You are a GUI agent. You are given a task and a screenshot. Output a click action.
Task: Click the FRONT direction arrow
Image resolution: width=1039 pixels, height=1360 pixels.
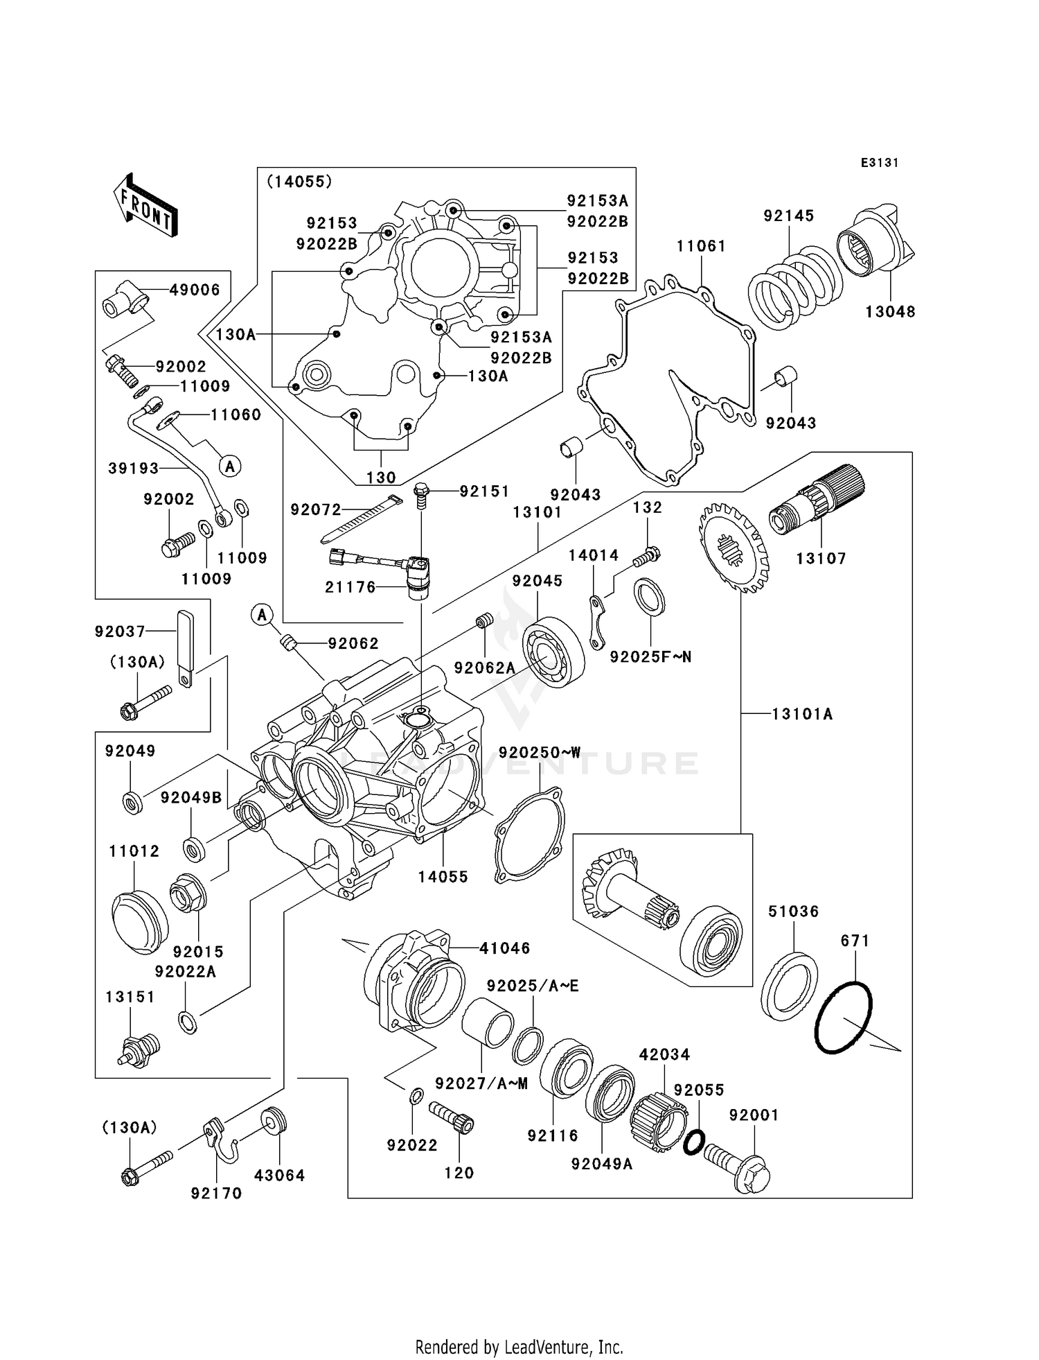[x=146, y=207]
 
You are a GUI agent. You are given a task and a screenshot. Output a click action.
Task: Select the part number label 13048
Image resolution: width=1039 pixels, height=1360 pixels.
[x=889, y=312]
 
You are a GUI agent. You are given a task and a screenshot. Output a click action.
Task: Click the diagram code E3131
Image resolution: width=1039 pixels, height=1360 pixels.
[x=879, y=163]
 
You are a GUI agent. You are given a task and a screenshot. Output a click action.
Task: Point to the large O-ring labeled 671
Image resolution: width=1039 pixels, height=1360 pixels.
[x=843, y=1018]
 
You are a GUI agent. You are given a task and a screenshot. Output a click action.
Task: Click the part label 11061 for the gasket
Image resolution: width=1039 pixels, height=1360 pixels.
[x=701, y=246]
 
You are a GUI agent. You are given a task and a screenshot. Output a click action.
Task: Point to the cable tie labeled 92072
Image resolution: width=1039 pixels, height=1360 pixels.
[x=361, y=519]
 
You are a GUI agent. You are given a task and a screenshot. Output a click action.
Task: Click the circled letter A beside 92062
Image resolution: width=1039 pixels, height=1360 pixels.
[x=262, y=614]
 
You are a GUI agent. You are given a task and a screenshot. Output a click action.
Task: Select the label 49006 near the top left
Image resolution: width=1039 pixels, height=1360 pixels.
[x=195, y=290]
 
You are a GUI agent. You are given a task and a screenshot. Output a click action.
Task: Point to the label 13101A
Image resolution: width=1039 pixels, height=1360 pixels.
[x=802, y=714]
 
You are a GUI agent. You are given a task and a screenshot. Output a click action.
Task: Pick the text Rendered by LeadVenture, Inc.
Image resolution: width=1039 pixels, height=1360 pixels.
[x=519, y=1347]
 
